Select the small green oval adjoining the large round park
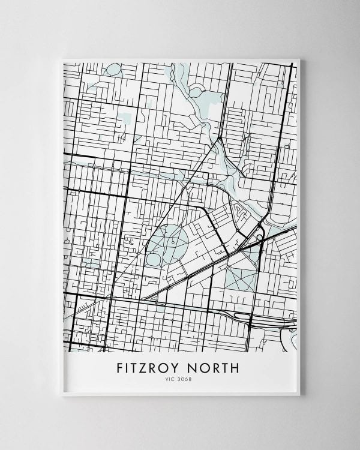click(x=154, y=259)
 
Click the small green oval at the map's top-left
click(x=113, y=70)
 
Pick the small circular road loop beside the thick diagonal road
click(x=259, y=237)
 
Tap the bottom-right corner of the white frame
click(x=300, y=394)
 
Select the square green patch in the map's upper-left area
click(x=126, y=118)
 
